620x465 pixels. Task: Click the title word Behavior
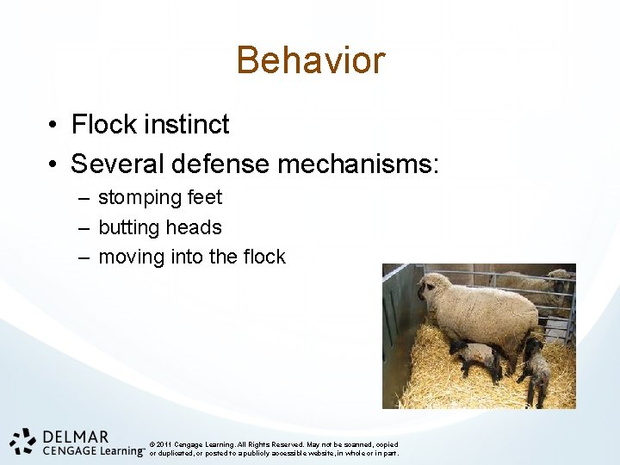(310, 60)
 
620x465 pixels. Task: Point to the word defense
(225, 163)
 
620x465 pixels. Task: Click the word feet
(204, 198)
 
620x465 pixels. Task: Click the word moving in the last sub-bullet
(129, 257)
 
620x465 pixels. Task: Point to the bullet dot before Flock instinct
(53, 126)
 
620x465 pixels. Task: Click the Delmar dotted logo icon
(23, 441)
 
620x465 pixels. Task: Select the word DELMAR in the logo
(76, 436)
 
